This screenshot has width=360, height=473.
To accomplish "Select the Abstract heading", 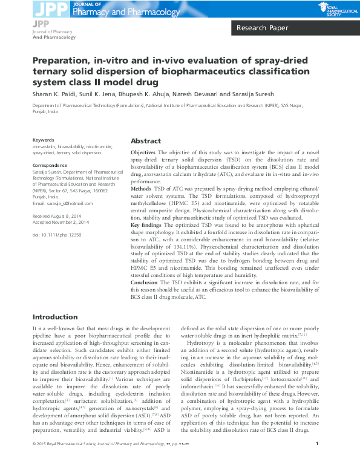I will [x=146, y=140].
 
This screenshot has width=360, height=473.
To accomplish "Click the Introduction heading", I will [x=55, y=317].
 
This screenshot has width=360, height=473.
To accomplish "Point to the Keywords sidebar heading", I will [x=43, y=140].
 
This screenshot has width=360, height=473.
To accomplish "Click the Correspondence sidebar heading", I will [x=50, y=165].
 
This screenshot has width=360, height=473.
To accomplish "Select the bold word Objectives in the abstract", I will [x=143, y=151].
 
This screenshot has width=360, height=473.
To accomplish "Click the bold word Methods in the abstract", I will [x=142, y=189].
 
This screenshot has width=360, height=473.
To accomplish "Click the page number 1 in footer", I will [x=318, y=461].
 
